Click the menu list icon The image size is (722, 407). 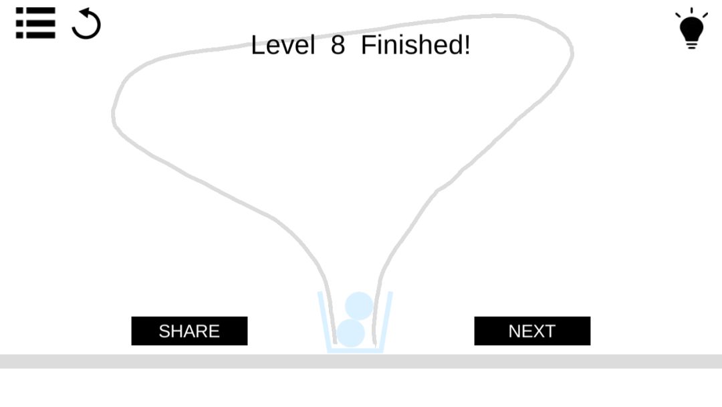click(35, 23)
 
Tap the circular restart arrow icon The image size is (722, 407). click(86, 23)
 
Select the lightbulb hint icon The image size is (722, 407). click(691, 28)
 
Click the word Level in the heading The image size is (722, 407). click(283, 45)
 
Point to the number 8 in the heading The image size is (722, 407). click(338, 45)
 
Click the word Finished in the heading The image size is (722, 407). click(411, 45)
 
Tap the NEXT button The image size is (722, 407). click(532, 331)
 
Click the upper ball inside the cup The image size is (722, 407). click(359, 306)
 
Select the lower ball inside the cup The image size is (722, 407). click(351, 333)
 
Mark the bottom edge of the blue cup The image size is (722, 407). click(355, 351)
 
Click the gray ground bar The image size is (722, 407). click(361, 361)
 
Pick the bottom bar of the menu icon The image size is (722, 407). click(35, 35)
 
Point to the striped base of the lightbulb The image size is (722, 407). click(691, 44)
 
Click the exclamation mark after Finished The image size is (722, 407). click(467, 45)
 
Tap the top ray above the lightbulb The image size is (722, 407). click(692, 11)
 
